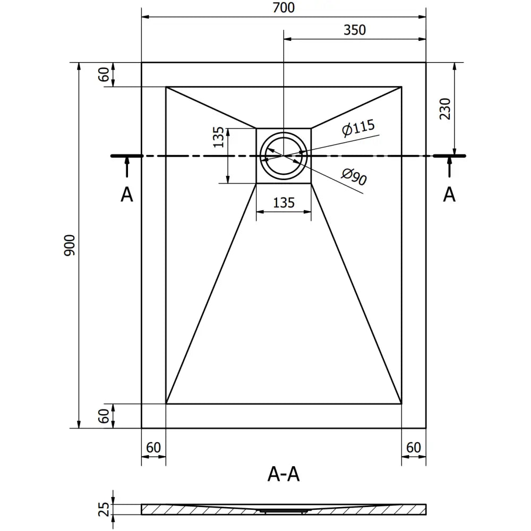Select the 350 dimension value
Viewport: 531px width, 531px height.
[x=355, y=30]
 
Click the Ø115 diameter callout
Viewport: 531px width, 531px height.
[x=358, y=128]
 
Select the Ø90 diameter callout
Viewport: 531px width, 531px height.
[x=354, y=176]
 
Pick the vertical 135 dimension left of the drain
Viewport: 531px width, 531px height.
[x=218, y=137]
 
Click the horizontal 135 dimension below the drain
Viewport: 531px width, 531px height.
[x=284, y=202]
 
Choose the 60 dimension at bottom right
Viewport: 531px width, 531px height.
[x=413, y=448]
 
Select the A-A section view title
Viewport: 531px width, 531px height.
[x=284, y=474]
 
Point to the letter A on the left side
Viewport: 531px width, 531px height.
[x=126, y=195]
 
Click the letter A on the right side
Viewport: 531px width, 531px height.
[x=449, y=195]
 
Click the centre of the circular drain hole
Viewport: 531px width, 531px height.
[x=284, y=156]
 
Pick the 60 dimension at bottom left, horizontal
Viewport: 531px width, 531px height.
[x=153, y=448]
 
